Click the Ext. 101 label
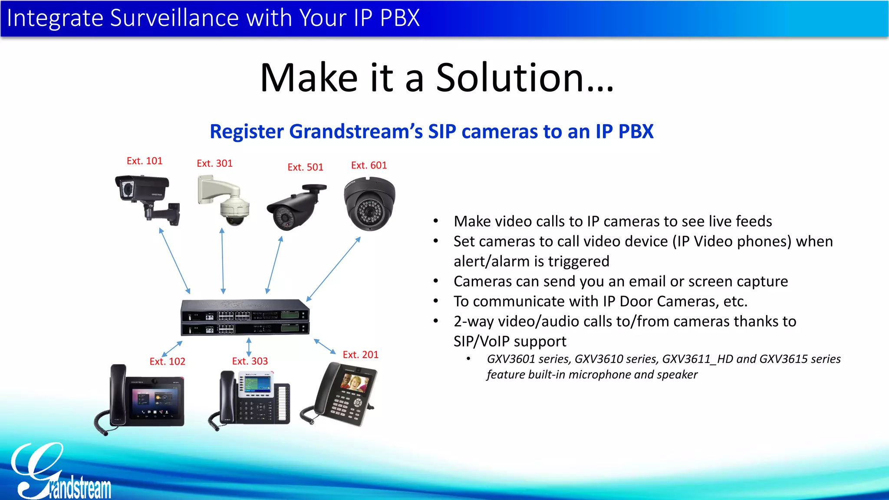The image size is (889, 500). coord(145,161)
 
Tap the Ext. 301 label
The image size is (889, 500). coord(214,164)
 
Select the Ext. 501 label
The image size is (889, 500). coord(305,167)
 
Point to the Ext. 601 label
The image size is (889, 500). coord(369,165)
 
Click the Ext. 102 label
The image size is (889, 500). coord(167,362)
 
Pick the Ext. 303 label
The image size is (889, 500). coord(250,361)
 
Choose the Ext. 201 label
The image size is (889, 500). coord(360,355)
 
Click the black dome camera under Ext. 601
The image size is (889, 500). coord(369,204)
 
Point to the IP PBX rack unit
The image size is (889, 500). coord(245,317)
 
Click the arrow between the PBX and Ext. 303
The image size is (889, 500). coord(249,347)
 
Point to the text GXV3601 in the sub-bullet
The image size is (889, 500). coord(511,359)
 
